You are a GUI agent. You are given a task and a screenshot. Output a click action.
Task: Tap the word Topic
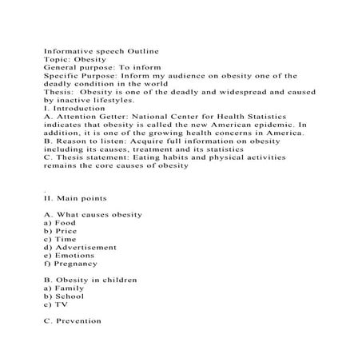58,58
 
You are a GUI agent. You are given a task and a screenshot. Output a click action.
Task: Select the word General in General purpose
62,67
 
